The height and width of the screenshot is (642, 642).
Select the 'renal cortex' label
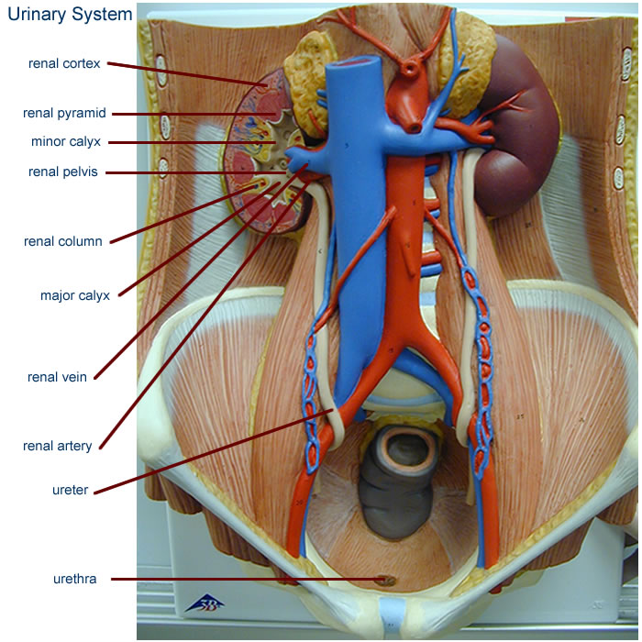point(63,63)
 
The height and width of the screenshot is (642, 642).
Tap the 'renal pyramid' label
point(64,114)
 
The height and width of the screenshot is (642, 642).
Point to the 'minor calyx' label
point(65,142)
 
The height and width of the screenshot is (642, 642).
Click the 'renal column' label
point(62,241)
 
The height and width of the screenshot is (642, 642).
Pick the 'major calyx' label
point(75,295)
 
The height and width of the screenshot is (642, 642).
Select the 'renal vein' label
point(58,376)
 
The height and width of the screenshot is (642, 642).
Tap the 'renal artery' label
point(59,446)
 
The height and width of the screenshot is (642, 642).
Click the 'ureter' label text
point(71,490)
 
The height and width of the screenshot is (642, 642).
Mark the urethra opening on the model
point(386,580)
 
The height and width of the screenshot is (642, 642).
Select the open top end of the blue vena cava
point(351,63)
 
